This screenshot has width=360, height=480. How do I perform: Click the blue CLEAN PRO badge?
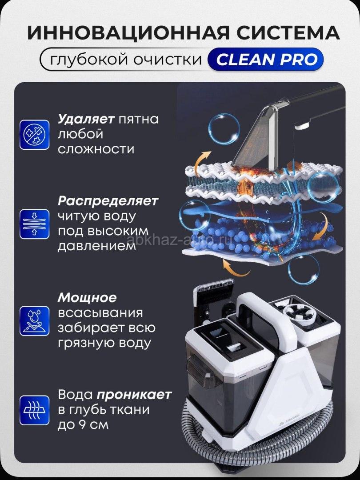(x=265, y=60)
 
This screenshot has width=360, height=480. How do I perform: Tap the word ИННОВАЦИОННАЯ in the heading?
(x=128, y=33)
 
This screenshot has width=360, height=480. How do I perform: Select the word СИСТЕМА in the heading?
(x=288, y=33)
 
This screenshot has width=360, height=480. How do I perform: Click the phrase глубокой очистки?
(x=126, y=60)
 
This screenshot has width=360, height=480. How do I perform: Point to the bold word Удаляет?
(x=86, y=119)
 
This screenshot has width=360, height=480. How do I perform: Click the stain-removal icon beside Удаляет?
(x=34, y=135)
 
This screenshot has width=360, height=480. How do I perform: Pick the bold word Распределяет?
(x=108, y=201)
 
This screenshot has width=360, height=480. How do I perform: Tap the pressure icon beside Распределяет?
(x=34, y=224)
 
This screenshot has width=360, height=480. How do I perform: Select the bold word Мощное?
(x=87, y=297)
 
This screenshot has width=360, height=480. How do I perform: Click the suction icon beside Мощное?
(x=34, y=321)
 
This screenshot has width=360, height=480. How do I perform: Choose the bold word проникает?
(x=134, y=395)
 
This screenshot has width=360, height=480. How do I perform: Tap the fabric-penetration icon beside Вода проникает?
(x=34, y=410)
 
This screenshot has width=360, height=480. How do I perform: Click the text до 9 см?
(x=83, y=425)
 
